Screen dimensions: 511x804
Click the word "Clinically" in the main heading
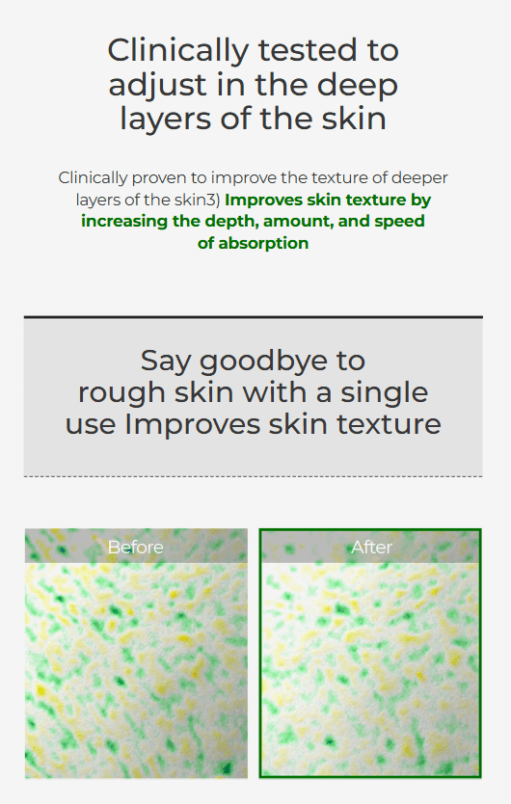click(178, 52)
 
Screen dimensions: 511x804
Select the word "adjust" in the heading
click(157, 86)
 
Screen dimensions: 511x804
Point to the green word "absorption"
click(263, 244)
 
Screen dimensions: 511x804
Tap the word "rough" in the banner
click(122, 393)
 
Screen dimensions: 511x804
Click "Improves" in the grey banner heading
click(193, 425)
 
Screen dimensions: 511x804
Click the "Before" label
click(135, 548)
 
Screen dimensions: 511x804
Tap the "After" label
click(371, 548)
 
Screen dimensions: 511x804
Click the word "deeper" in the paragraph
click(419, 178)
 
